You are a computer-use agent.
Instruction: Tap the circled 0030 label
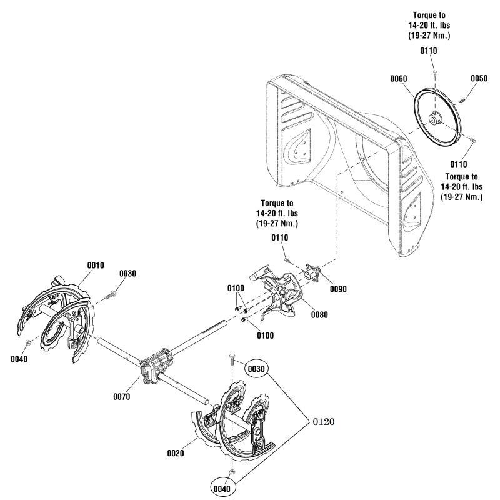pyautogui.click(x=256, y=369)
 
